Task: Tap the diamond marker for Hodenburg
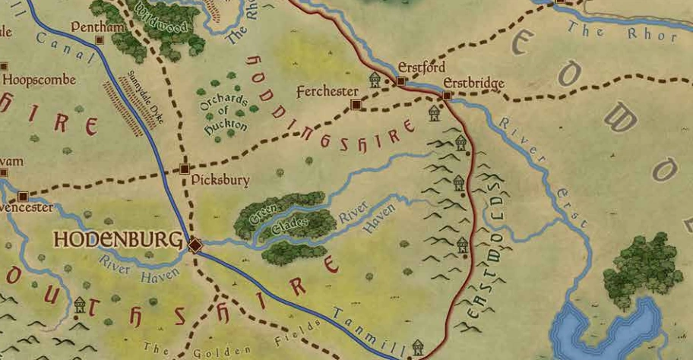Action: tap(195, 245)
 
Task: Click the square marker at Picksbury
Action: tap(185, 169)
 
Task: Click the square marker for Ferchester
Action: tap(355, 105)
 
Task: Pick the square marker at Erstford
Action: tap(400, 81)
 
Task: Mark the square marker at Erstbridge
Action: tap(447, 96)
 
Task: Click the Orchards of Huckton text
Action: tap(225, 114)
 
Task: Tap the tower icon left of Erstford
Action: tap(375, 80)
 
